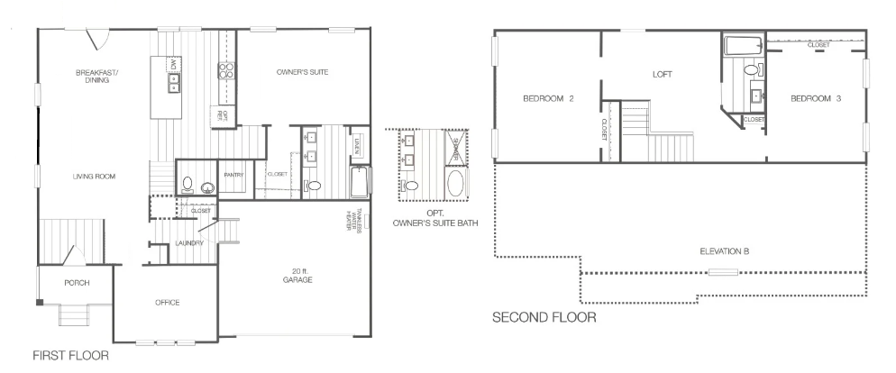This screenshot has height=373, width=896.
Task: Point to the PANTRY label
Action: click(235, 174)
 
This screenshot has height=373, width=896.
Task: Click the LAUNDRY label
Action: click(190, 243)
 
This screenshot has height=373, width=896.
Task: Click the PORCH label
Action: click(76, 283)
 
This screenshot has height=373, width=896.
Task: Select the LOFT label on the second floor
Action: click(663, 75)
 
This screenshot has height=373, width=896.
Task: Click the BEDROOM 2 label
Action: click(548, 99)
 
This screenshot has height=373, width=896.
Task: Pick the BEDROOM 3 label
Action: click(816, 99)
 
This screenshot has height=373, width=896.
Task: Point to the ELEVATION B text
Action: click(725, 250)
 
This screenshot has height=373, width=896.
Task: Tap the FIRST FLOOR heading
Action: click(70, 356)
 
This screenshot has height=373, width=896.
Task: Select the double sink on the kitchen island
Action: click(174, 83)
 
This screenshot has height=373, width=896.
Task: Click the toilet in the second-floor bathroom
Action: click(750, 69)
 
